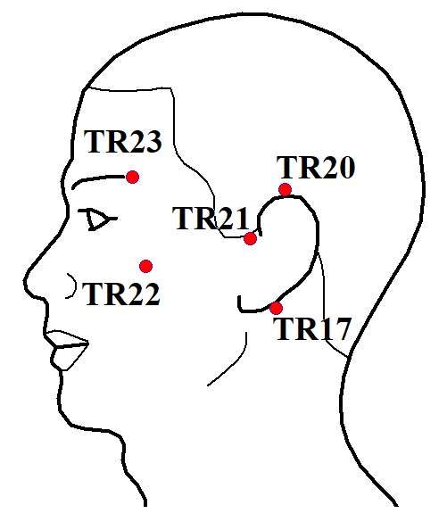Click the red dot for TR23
132,177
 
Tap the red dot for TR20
286,190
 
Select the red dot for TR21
250,238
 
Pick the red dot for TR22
145,267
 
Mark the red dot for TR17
276,308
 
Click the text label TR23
123,142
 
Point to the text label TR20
316,168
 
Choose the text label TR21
211,219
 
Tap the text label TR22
121,294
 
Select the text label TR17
312,329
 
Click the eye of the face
97,219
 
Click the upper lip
66,339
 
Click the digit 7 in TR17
341,329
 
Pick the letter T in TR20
286,168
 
